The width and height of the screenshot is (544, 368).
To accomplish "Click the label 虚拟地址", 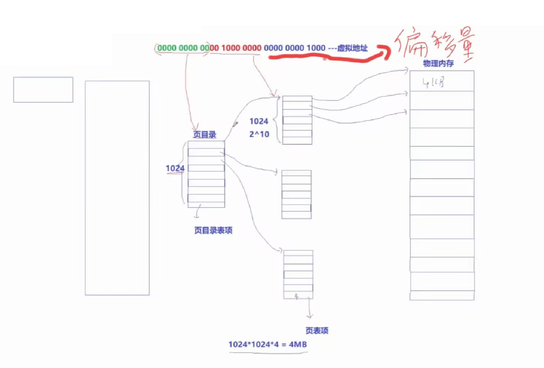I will click(352, 48).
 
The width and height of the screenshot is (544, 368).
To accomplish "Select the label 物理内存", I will click(438, 63).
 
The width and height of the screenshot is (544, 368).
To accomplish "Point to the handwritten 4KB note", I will click(433, 82).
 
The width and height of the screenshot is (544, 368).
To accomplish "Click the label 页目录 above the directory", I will click(205, 134).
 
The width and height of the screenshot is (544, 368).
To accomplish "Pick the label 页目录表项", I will click(213, 230).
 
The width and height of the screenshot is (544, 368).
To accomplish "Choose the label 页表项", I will click(317, 330).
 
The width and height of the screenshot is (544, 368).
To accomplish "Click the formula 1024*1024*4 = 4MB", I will click(268, 345).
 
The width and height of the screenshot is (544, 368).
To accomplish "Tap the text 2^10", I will click(259, 134).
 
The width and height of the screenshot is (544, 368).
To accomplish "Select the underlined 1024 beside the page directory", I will click(175, 168).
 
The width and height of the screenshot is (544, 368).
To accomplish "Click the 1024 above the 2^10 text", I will click(259, 121).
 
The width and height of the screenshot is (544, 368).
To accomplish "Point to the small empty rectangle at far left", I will click(43, 90).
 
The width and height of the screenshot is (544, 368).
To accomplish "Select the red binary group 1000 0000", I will click(241, 48).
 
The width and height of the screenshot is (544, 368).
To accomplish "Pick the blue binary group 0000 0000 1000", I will click(295, 48).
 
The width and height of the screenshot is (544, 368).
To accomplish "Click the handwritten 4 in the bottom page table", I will click(297, 297).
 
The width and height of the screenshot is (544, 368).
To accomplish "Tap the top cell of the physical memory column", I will click(442, 81).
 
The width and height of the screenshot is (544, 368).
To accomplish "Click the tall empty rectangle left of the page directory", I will click(117, 188).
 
